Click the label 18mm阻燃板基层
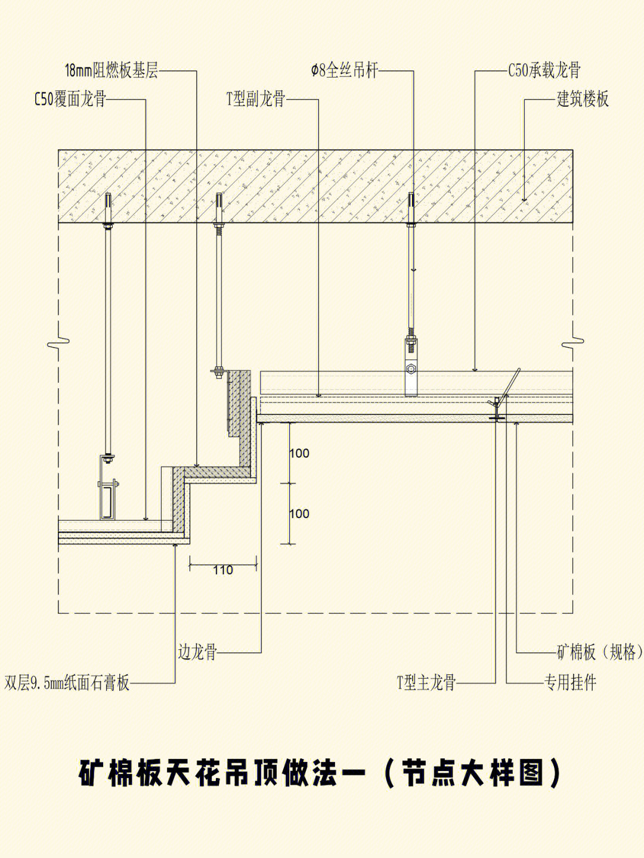112,71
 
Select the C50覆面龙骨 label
70,100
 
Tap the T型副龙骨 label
256,100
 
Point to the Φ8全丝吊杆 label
345,71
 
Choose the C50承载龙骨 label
544,71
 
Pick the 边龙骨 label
197,652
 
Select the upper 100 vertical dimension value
299,453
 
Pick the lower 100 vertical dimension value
299,513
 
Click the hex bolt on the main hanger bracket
411,368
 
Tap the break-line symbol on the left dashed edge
58,343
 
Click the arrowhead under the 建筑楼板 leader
525,199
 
